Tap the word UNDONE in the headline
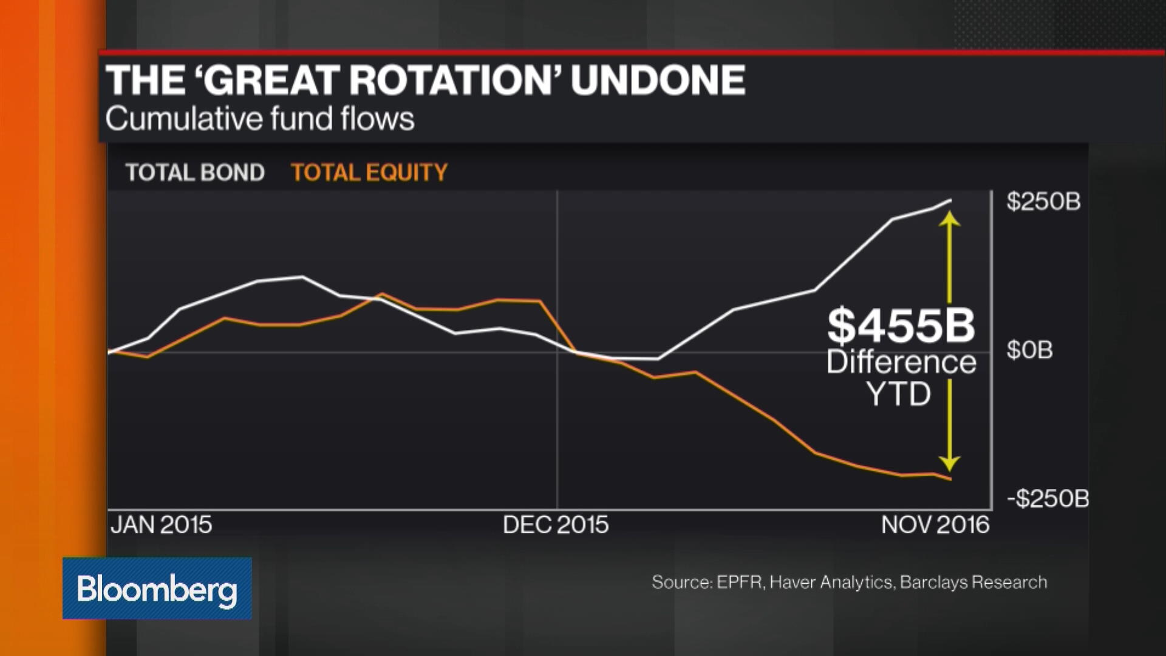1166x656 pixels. (x=658, y=81)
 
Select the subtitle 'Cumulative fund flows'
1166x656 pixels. (x=259, y=118)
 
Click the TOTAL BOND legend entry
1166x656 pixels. (x=195, y=173)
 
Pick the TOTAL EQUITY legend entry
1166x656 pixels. (x=369, y=173)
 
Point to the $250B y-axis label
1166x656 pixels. (x=1043, y=202)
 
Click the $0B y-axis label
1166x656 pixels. (x=1029, y=350)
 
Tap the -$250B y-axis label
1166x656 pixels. (x=1048, y=499)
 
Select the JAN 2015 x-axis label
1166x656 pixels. (x=162, y=525)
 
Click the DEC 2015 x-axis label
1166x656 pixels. (x=556, y=525)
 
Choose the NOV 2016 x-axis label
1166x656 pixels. (x=935, y=525)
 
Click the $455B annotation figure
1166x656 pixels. (x=901, y=326)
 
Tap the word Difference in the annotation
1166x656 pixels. (x=901, y=363)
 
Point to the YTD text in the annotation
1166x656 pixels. (x=899, y=394)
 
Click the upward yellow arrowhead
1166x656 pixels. (x=949, y=219)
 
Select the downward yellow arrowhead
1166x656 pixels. (x=949, y=464)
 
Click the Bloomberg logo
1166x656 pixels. (x=157, y=589)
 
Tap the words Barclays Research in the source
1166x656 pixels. (x=973, y=582)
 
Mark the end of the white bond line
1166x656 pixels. (x=950, y=200)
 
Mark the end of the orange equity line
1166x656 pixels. (x=950, y=479)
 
